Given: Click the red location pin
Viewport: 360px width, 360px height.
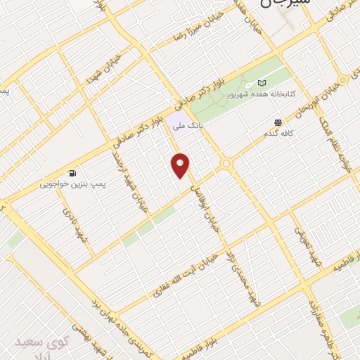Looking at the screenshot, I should click(181, 165).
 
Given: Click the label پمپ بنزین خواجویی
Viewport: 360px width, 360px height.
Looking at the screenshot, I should click(72, 184).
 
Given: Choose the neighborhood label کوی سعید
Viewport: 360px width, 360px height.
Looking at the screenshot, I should click(43, 343).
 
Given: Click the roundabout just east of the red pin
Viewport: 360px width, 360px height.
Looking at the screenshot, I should click(226, 165).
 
